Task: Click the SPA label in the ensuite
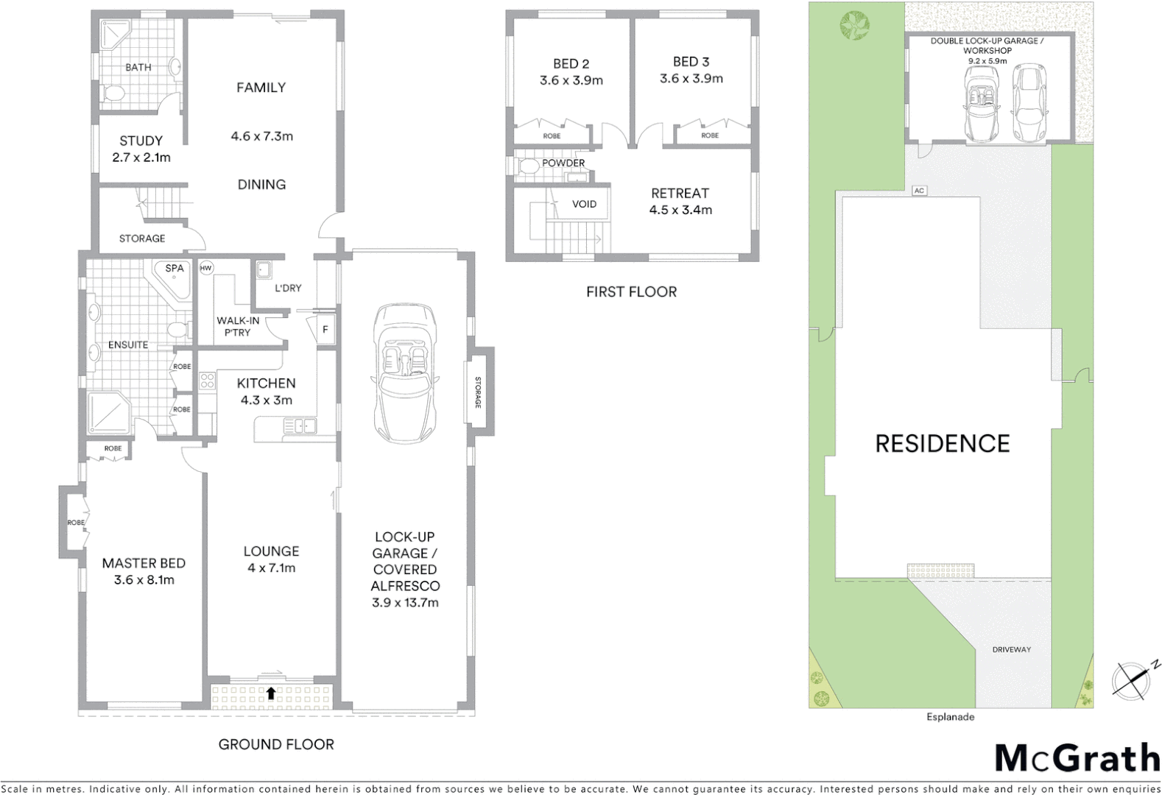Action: pos(175,268)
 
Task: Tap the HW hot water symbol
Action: pos(206,268)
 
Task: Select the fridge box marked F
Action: pos(325,330)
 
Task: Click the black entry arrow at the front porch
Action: pos(271,693)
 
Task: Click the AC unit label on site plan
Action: pos(918,191)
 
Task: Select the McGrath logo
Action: pos(1077,759)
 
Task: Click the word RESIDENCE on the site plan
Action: pos(942,444)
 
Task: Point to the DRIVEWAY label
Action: pos(1011,649)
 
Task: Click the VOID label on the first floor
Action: pos(584,204)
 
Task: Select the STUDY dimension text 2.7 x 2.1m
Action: pos(141,158)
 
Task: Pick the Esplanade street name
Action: pos(950,716)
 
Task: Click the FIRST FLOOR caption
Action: pos(631,291)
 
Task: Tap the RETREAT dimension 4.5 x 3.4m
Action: pos(680,210)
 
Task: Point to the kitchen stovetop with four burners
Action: pos(207,381)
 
